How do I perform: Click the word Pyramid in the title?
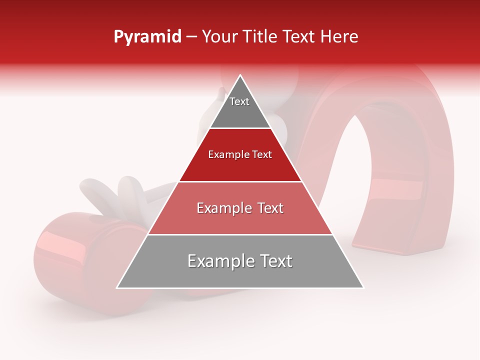pos(147,37)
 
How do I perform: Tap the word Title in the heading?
pos(259,36)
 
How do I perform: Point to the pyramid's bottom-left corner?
pos(117,287)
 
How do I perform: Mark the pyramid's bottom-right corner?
pos(363,287)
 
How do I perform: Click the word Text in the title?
pos(298,36)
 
